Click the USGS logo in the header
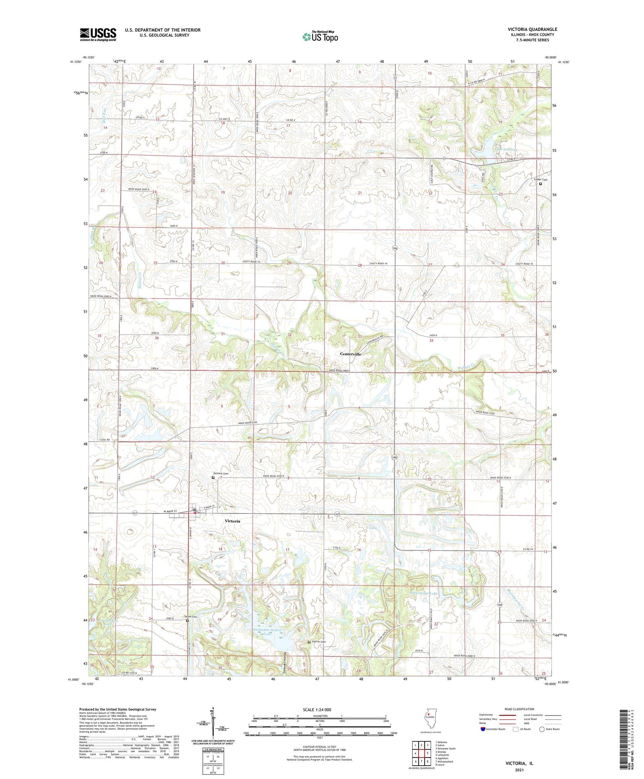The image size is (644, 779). pyautogui.click(x=98, y=34)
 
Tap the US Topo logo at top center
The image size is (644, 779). pyautogui.click(x=320, y=37)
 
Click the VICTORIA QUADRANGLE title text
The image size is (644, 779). pyautogui.click(x=532, y=29)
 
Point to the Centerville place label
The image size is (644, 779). pyautogui.click(x=350, y=354)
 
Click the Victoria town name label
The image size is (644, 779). pyautogui.click(x=232, y=521)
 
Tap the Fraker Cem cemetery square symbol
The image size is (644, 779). pyautogui.click(x=540, y=184)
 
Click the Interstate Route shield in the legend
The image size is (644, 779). pyautogui.click(x=483, y=729)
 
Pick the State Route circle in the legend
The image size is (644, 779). pyautogui.click(x=543, y=729)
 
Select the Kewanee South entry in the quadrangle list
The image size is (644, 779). pyautogui.click(x=446, y=748)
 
